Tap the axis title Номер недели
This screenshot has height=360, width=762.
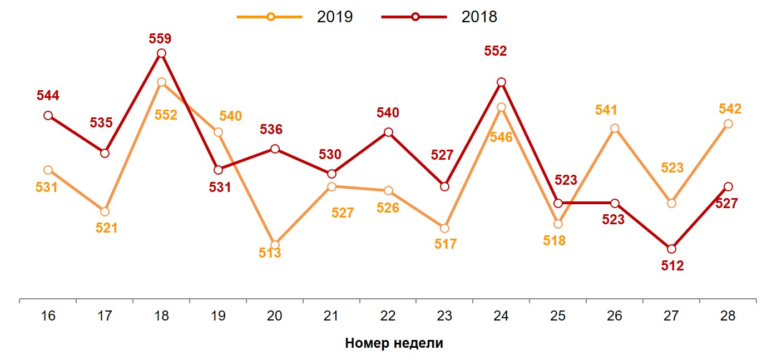(394, 343)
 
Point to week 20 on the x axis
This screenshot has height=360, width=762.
(275, 316)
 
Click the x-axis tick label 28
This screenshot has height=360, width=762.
(728, 316)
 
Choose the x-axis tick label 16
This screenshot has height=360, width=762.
(48, 316)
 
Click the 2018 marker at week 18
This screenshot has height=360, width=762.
(161, 53)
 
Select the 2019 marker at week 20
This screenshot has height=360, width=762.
(275, 245)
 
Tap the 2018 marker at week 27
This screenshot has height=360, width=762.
(671, 249)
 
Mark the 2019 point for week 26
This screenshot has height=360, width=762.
(615, 129)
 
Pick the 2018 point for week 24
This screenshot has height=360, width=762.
(501, 82)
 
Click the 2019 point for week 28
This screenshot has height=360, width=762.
(728, 124)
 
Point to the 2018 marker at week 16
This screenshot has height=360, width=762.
(48, 116)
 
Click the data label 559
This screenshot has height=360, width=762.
(160, 39)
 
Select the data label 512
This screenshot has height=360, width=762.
(672, 266)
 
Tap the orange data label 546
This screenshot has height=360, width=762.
(501, 137)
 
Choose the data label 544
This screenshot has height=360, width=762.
(48, 95)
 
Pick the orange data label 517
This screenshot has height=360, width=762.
(445, 244)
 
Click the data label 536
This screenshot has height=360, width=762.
(271, 130)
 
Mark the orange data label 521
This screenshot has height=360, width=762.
(106, 228)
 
